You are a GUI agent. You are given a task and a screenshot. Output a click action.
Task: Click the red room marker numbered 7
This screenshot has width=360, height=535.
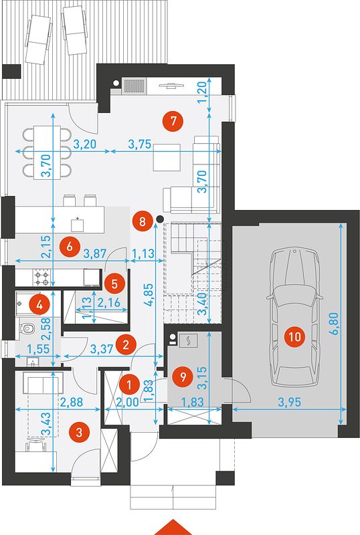[173, 121]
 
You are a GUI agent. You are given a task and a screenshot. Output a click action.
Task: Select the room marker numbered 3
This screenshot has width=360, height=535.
[79, 432]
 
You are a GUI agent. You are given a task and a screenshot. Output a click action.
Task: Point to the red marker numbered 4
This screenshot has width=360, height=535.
[39, 305]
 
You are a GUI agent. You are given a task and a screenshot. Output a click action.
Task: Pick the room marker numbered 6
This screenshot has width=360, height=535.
[70, 246]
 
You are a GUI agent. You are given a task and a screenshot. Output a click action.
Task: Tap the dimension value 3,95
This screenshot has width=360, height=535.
[289, 402]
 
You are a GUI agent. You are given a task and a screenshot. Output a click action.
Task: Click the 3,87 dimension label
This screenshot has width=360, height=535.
[95, 253]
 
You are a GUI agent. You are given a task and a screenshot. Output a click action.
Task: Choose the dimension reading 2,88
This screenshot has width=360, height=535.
[72, 402]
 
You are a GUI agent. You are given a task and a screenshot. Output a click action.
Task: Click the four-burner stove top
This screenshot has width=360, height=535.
[41, 278]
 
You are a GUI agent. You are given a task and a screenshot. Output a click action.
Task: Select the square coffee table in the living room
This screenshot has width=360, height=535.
[167, 157]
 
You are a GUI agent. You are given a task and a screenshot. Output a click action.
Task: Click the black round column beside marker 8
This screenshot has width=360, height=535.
[159, 219]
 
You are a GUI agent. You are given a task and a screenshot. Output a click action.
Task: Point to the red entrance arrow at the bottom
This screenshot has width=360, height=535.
[173, 528]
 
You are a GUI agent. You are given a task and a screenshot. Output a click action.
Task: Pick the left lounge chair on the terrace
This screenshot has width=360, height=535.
[38, 39]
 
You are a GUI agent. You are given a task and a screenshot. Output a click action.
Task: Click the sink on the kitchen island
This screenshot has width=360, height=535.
[78, 225]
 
